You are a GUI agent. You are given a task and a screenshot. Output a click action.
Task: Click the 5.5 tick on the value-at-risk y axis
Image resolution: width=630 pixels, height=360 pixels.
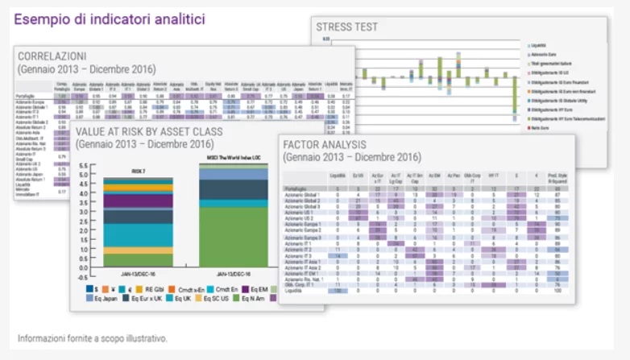pyautogui.click(x=82, y=166)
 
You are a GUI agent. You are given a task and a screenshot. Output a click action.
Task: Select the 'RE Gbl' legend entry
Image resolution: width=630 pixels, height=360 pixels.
pyautogui.click(x=155, y=287)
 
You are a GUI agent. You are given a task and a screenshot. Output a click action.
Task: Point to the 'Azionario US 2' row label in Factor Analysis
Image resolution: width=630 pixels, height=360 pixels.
pyautogui.click(x=300, y=217)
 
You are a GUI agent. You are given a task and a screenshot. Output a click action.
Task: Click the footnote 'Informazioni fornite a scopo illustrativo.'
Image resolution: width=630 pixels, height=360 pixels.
pyautogui.click(x=93, y=338)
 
